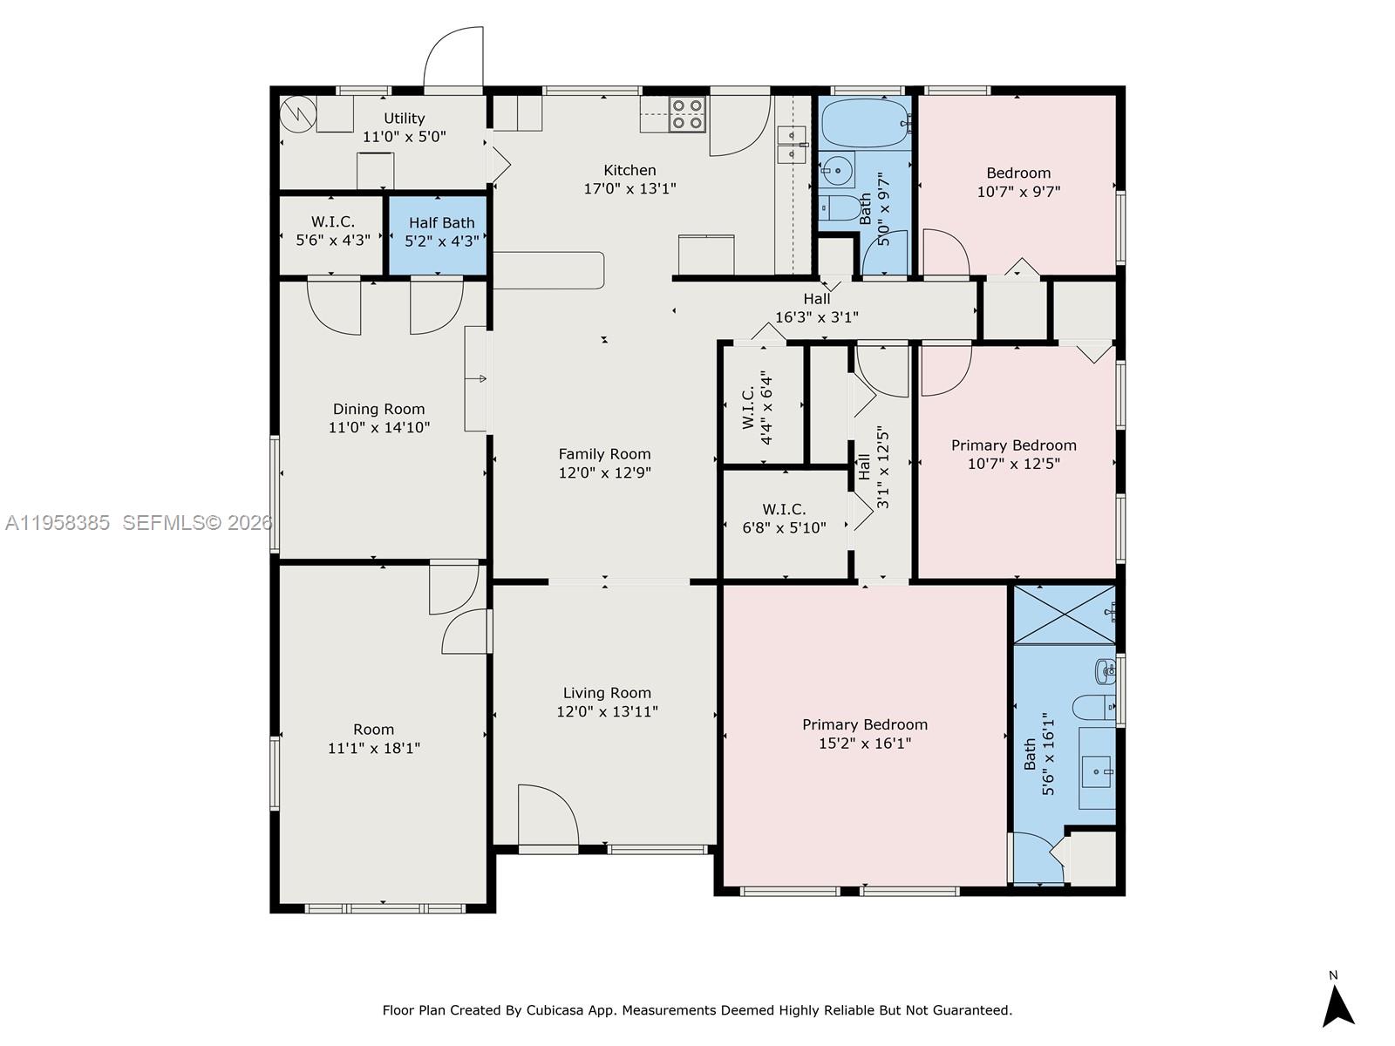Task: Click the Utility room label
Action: [x=404, y=119]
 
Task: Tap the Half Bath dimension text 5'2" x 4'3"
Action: [x=441, y=241]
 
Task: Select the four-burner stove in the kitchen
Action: [x=687, y=114]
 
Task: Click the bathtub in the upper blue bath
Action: [x=864, y=124]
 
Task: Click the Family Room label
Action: [x=604, y=454]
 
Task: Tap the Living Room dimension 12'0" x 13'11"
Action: [x=607, y=712]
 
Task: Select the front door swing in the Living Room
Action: [x=547, y=815]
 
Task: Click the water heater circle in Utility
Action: [x=297, y=112]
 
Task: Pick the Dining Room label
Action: [x=378, y=409]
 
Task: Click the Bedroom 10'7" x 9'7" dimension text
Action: [x=1018, y=192]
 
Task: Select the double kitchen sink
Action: [x=792, y=145]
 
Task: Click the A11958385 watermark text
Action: [x=58, y=523]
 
